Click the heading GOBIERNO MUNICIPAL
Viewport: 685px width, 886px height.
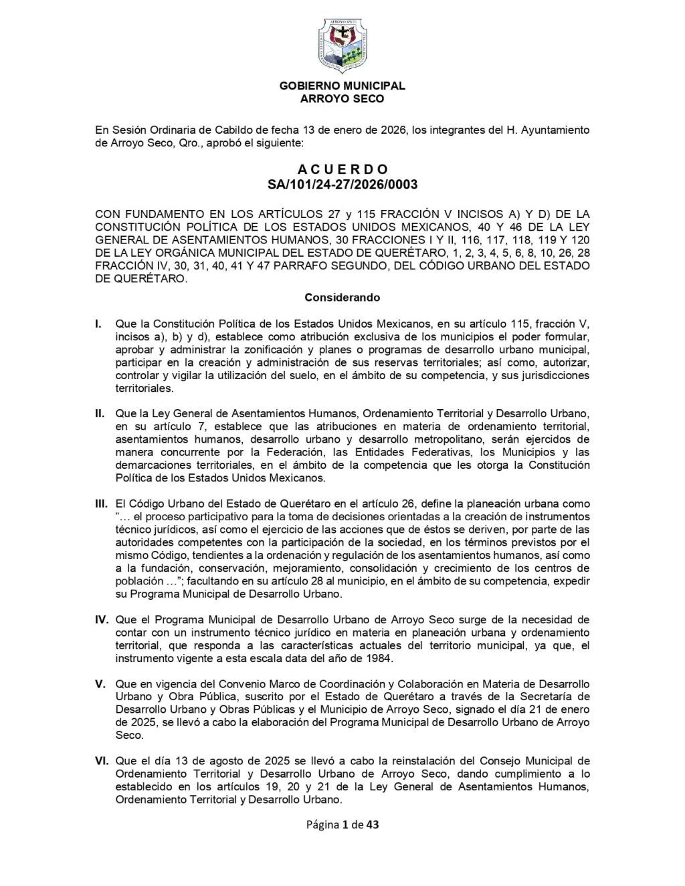[x=342, y=86]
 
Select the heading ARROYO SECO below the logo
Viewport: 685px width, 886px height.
[x=342, y=99]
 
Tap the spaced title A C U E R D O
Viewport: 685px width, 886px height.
[x=342, y=170]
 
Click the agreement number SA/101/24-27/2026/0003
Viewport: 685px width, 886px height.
[x=342, y=184]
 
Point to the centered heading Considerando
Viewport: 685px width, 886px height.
[x=342, y=297]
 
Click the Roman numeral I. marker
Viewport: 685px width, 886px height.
[x=98, y=324]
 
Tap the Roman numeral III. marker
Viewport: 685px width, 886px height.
[x=102, y=504]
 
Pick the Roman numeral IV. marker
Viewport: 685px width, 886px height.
[x=101, y=620]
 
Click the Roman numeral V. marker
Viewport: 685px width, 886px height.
[x=100, y=684]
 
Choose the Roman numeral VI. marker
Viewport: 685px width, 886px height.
[x=102, y=761]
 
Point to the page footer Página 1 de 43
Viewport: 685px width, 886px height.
[x=342, y=824]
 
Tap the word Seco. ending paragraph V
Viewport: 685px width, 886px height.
[x=129, y=736]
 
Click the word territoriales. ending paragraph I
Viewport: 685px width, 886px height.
[x=144, y=388]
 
